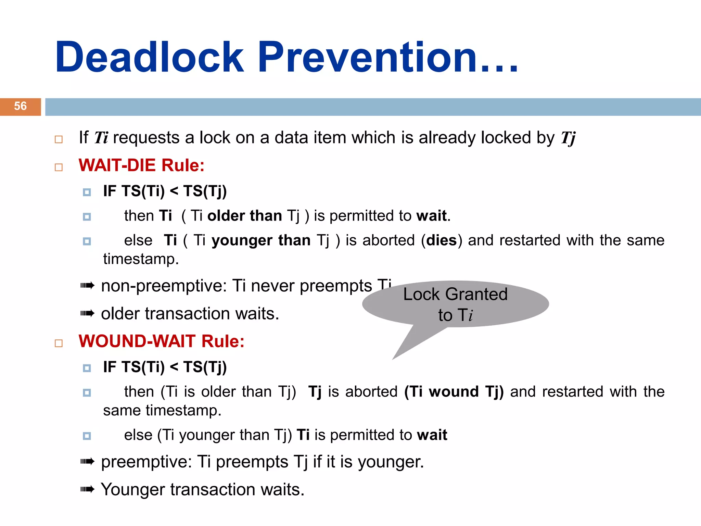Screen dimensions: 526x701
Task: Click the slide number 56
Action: [20, 106]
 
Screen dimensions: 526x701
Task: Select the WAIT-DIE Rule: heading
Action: [141, 165]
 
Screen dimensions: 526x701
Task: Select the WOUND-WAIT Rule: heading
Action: [161, 341]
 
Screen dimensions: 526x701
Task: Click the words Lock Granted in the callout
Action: [455, 294]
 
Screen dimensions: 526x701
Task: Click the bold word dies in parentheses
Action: [441, 240]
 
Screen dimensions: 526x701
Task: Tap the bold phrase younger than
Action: [261, 240]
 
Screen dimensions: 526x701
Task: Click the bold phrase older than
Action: [244, 216]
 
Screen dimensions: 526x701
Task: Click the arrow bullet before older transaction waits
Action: [87, 313]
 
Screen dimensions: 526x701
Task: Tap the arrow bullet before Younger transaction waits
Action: [87, 489]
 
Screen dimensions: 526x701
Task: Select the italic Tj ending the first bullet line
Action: [568, 138]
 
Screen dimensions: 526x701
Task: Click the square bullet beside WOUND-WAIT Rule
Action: [59, 343]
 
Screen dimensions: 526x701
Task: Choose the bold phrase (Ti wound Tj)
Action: [454, 392]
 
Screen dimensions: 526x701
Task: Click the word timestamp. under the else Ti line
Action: [141, 259]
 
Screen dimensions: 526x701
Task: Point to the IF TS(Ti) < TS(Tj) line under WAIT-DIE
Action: [165, 191]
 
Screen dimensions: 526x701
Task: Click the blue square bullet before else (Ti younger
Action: [87, 436]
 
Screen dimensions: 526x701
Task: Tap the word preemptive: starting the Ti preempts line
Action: [146, 462]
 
